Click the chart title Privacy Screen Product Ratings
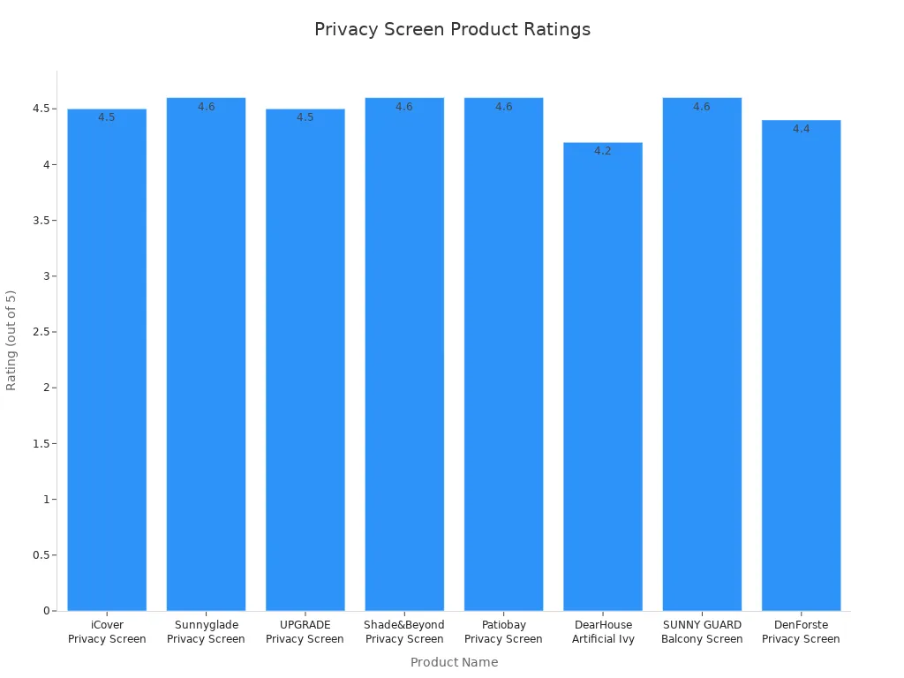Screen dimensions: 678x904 [x=452, y=29]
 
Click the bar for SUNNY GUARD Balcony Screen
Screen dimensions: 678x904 [x=702, y=353]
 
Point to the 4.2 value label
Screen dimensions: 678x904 [x=603, y=151]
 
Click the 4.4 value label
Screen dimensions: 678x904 [x=801, y=129]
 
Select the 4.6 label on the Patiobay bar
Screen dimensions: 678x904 [x=503, y=107]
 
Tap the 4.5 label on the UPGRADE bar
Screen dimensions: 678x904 [x=305, y=117]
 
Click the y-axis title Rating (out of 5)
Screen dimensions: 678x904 [x=11, y=340]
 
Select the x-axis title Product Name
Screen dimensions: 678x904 [x=454, y=662]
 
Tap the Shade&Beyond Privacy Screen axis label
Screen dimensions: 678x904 [x=404, y=632]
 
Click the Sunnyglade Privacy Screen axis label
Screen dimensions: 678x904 [x=206, y=632]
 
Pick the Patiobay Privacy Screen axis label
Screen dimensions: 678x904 [x=503, y=632]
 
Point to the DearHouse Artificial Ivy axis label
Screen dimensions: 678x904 [x=603, y=632]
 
